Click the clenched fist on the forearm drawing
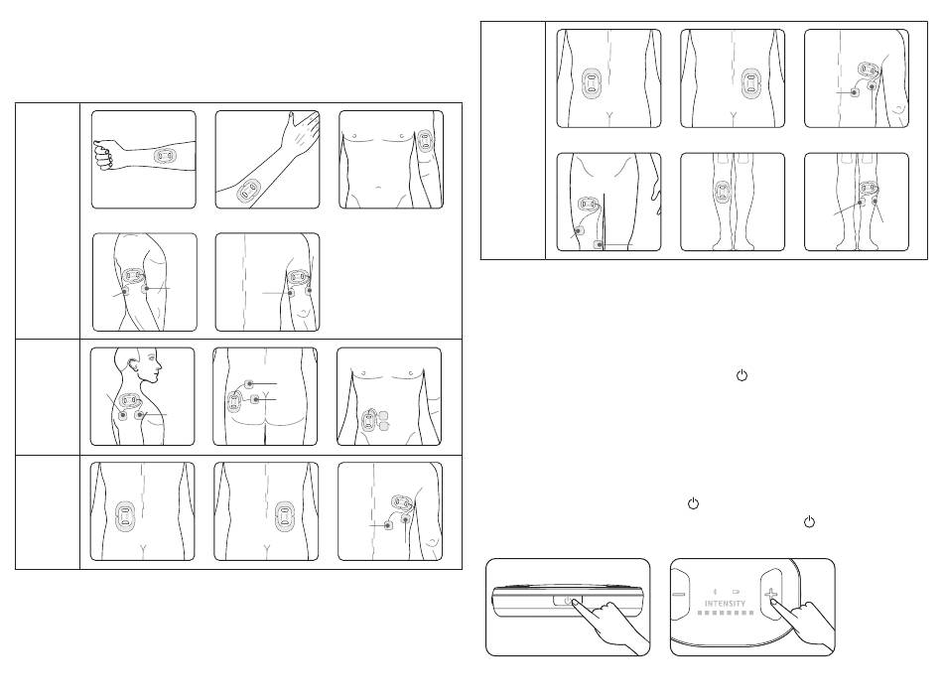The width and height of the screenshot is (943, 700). (x=103, y=155)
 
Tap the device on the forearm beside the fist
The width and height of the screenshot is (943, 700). (x=165, y=156)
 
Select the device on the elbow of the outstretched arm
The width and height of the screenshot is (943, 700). (x=247, y=193)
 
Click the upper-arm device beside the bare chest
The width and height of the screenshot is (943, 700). (x=426, y=141)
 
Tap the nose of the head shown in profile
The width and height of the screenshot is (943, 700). (x=160, y=365)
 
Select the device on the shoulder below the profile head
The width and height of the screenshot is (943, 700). (x=131, y=400)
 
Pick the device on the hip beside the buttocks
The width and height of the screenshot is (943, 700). (x=233, y=401)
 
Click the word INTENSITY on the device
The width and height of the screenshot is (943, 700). (x=725, y=603)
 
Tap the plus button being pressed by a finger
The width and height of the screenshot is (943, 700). (x=771, y=594)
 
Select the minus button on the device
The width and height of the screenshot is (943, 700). (x=680, y=595)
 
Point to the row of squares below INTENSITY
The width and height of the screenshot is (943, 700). (x=726, y=613)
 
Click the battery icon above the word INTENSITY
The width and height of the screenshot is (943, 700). (x=736, y=592)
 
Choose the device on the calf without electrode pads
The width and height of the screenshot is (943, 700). (x=723, y=192)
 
